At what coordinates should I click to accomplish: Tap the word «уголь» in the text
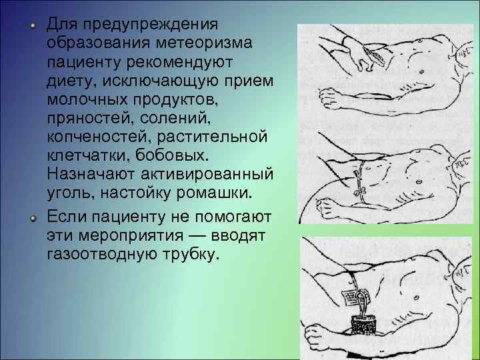pos(68,193)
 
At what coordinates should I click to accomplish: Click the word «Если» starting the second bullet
pos(65,217)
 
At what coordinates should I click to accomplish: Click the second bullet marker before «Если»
pos(31,218)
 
